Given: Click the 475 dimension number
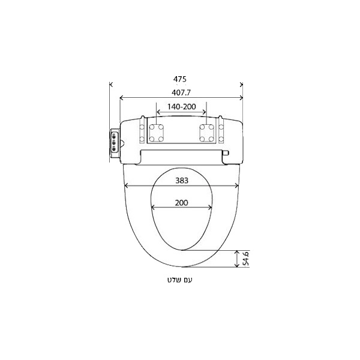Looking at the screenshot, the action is pos(180,79).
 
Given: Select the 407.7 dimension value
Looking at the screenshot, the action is pos(181,92).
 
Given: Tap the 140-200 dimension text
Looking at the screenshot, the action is pos(181,107).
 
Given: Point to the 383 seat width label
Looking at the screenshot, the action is pos(182,181).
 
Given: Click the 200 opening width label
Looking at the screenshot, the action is pos(181,203).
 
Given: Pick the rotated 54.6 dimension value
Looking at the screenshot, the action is pos(245,259).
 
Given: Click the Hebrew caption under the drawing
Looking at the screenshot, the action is pos(179,280).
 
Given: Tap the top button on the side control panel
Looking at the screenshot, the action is pos(113,137).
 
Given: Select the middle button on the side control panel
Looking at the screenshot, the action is pos(113,143).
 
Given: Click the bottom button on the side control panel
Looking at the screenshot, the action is pos(113,149).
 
